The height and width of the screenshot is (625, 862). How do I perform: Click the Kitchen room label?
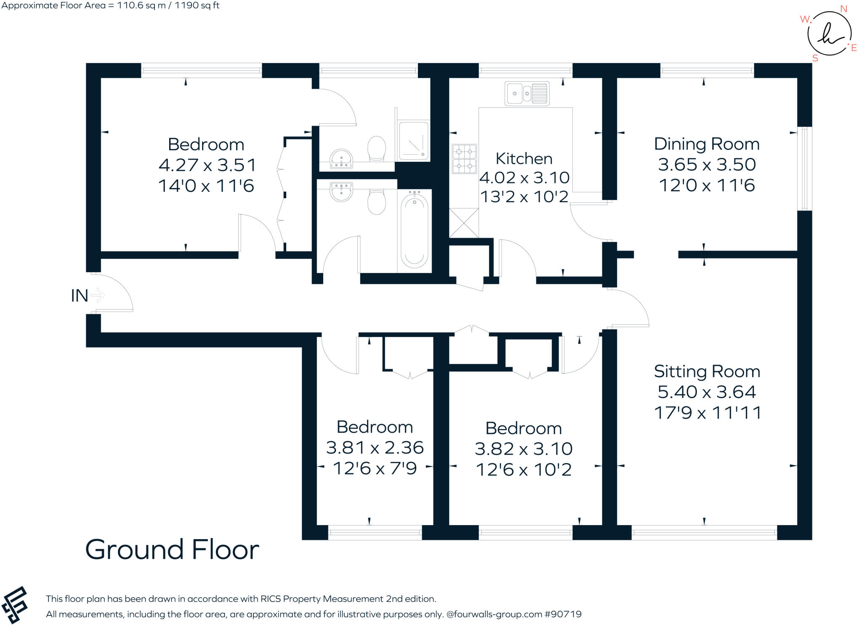[x=524, y=159]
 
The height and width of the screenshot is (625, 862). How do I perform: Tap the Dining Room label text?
[x=706, y=144]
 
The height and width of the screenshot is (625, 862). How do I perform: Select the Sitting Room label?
[x=707, y=371]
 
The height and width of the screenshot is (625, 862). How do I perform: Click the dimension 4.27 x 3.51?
[x=207, y=165]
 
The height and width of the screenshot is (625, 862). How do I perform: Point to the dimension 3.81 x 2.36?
[x=374, y=447]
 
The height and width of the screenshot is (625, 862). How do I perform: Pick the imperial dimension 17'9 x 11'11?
[x=707, y=413]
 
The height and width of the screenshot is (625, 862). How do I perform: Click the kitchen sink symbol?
[x=527, y=93]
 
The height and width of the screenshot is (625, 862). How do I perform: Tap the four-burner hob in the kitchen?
[x=464, y=159]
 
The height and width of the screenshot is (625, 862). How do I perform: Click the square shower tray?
[x=413, y=141]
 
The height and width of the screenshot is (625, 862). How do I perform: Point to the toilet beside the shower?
[x=377, y=148]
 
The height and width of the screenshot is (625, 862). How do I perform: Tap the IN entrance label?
[x=79, y=296]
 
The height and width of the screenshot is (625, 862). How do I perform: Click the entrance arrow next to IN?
[x=98, y=295]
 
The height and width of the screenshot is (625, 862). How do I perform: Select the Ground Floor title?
[x=172, y=550]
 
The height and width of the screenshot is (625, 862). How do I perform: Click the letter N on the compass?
[x=843, y=9]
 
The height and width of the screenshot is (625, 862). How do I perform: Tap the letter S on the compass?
[x=815, y=59]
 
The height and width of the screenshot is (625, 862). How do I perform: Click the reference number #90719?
[x=563, y=614]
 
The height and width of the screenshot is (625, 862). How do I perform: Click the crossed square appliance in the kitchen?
[x=464, y=223]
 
